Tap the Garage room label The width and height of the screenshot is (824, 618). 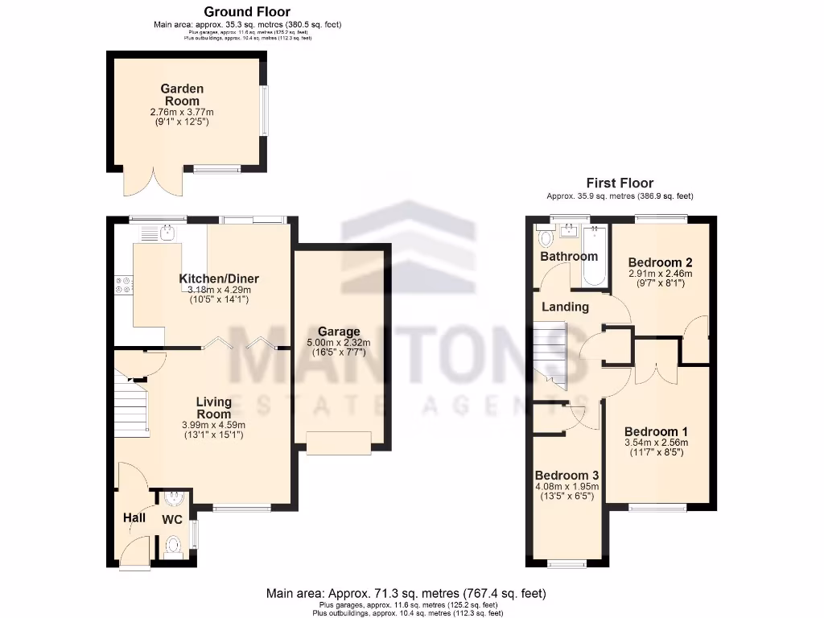(x=339, y=332)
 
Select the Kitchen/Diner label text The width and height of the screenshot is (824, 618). (x=218, y=278)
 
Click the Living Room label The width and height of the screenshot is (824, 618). (x=214, y=407)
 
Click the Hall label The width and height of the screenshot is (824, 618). (x=134, y=517)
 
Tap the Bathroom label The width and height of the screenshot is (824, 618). (x=569, y=256)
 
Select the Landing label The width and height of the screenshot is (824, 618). (x=565, y=307)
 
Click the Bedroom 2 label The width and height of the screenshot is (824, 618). (x=660, y=262)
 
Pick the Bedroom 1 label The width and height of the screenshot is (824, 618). (x=656, y=430)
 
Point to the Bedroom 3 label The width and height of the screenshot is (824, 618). (x=566, y=474)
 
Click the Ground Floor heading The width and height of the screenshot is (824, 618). (x=247, y=11)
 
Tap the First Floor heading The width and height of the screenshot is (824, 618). (x=620, y=183)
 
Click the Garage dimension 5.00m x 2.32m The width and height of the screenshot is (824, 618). (x=339, y=344)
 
